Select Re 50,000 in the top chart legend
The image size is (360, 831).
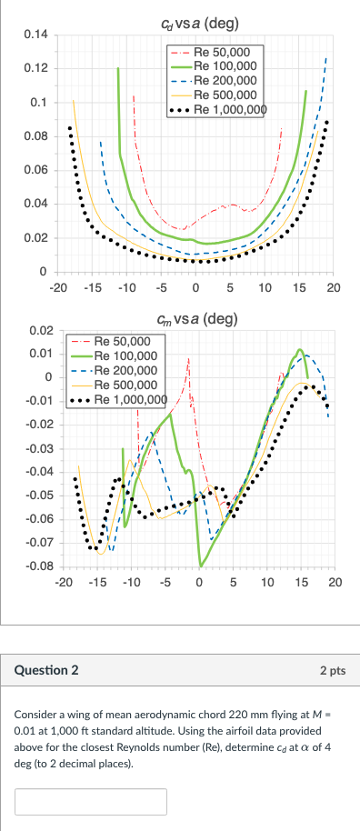coord(227,52)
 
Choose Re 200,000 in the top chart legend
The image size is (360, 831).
coord(230,80)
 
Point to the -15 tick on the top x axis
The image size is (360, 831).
coord(93,287)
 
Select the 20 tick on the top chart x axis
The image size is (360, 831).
coord(333,287)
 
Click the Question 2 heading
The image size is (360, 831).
coord(46,670)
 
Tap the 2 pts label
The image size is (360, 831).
coord(333,670)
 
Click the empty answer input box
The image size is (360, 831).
coord(91,801)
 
